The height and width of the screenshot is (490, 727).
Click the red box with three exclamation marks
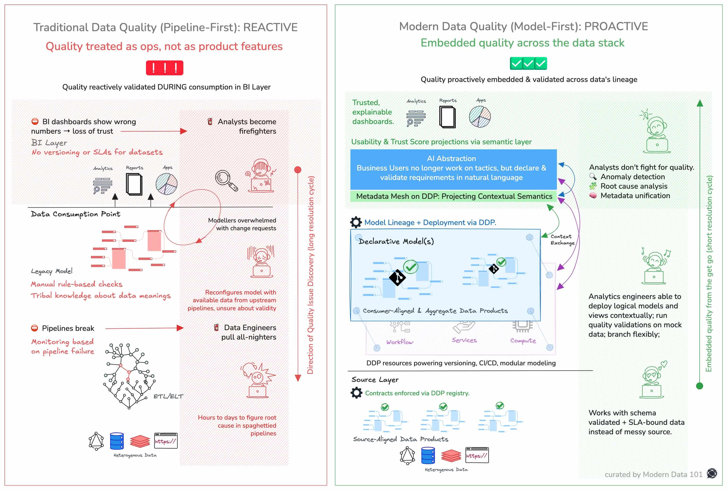pos(164,68)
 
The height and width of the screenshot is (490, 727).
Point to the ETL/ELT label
pos(168,396)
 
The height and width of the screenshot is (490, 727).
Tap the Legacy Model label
pos(52,271)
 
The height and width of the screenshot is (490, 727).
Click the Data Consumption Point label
pos(75,214)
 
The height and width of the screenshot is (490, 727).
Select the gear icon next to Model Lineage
pos(356,222)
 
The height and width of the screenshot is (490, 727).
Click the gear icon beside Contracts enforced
pos(356,393)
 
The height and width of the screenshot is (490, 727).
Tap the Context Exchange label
pos(562,240)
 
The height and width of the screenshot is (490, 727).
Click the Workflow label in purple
pos(399,342)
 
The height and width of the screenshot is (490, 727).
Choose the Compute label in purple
pos(523,341)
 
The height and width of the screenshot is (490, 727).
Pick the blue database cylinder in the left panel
pos(117,441)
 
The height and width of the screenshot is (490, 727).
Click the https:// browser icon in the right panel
pos(477,455)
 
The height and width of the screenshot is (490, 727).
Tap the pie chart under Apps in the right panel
pos(480,117)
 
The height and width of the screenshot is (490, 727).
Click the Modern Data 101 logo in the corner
pos(712,473)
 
